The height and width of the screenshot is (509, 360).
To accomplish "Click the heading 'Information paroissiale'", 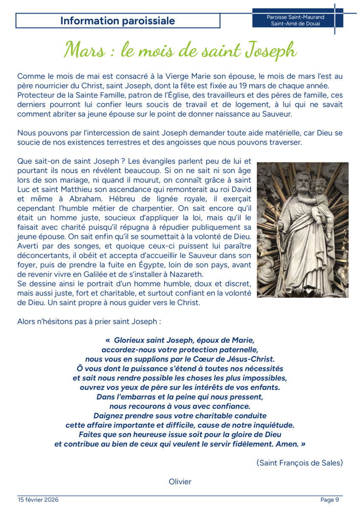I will pos(118,21).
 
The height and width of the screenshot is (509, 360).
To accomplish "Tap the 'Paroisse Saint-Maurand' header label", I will pos(295,17).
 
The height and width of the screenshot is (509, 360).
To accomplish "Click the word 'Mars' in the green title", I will pos(84,50).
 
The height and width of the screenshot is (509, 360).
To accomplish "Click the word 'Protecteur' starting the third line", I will pos(36,95).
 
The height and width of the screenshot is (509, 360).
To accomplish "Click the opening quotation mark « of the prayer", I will pos(107,340).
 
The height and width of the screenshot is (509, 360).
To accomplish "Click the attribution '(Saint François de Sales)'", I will pos(299,463).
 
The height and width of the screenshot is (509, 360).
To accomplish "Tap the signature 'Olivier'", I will pos(180,481).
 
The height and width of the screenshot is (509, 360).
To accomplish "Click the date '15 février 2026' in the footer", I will pos(38,500).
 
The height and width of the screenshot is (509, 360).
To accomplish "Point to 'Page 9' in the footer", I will pos(330,500).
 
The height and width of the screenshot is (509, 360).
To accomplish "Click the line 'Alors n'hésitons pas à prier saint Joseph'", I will pos(89,322).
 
